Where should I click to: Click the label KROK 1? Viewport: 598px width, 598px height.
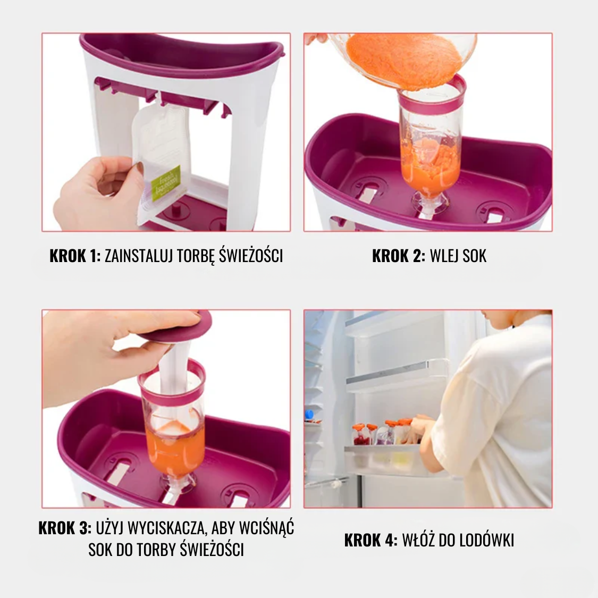coord(75,256)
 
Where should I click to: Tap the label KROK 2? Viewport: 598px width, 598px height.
coord(399,256)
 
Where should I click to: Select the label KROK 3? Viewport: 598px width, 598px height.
coord(65,528)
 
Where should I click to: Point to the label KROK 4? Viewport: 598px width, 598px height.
coord(370,541)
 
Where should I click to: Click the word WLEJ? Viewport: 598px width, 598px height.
coord(444,256)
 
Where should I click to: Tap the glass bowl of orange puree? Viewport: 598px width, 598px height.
coord(405,61)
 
